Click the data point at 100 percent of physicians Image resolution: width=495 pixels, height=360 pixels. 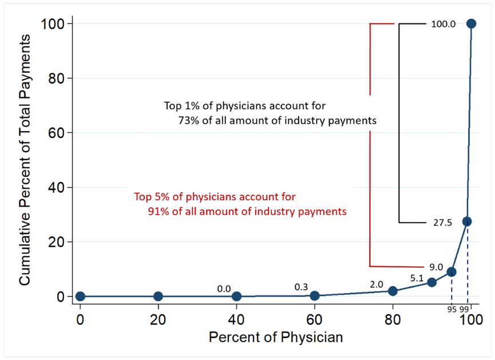471,23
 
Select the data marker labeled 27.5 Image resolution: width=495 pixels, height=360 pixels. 467,221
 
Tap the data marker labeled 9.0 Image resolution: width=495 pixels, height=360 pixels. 452,272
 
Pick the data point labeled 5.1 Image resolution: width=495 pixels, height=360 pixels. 432,282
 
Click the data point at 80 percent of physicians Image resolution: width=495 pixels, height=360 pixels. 393,291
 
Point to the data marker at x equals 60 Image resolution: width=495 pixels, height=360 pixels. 315,295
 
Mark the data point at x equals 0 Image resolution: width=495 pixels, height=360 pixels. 80,296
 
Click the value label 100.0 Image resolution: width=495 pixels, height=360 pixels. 443,24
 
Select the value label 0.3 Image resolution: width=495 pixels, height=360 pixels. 301,286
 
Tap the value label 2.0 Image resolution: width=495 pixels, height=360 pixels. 376,284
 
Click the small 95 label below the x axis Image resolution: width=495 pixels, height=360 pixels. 452,310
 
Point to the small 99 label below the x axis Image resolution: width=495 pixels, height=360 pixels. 464,310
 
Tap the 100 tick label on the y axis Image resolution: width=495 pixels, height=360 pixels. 53,23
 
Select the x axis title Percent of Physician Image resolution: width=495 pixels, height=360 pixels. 276,337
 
